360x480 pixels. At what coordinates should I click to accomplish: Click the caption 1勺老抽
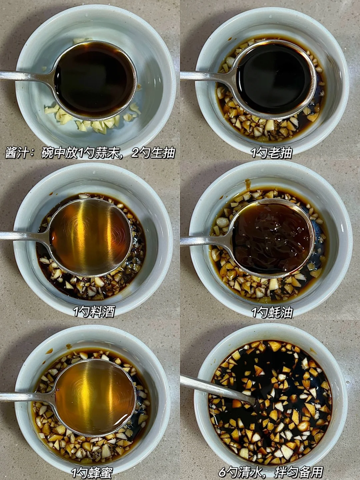(x=272, y=153)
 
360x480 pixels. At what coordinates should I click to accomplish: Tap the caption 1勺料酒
(x=94, y=312)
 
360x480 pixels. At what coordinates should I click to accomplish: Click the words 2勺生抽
(x=153, y=153)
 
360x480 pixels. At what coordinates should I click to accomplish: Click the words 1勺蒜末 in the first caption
(x=102, y=153)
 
